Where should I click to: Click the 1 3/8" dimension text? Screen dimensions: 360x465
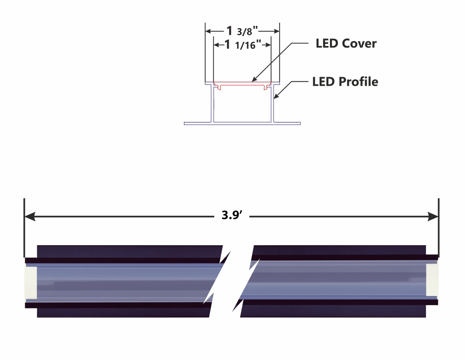pyautogui.click(x=242, y=31)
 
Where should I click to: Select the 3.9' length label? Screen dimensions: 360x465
pyautogui.click(x=232, y=215)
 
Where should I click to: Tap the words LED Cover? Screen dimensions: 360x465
pyautogui.click(x=346, y=43)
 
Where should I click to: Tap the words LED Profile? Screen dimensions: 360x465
pyautogui.click(x=345, y=82)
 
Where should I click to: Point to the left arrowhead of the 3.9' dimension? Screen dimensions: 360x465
pyautogui.click(x=30, y=216)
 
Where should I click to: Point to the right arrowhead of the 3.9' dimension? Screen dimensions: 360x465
pyautogui.click(x=433, y=216)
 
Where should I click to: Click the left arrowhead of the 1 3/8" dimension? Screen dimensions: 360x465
pyautogui.click(x=208, y=31)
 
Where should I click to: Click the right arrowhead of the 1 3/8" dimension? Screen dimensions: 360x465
pyautogui.click(x=276, y=31)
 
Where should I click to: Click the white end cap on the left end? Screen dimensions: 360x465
pyautogui.click(x=31, y=282)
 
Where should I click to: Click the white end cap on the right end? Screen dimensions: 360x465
pyautogui.click(x=432, y=279)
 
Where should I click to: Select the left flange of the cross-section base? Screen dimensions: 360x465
pyautogui.click(x=197, y=123)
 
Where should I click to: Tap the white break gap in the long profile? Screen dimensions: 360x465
pyautogui.click(x=232, y=280)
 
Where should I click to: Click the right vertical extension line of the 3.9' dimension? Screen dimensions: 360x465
pyautogui.click(x=439, y=225)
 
